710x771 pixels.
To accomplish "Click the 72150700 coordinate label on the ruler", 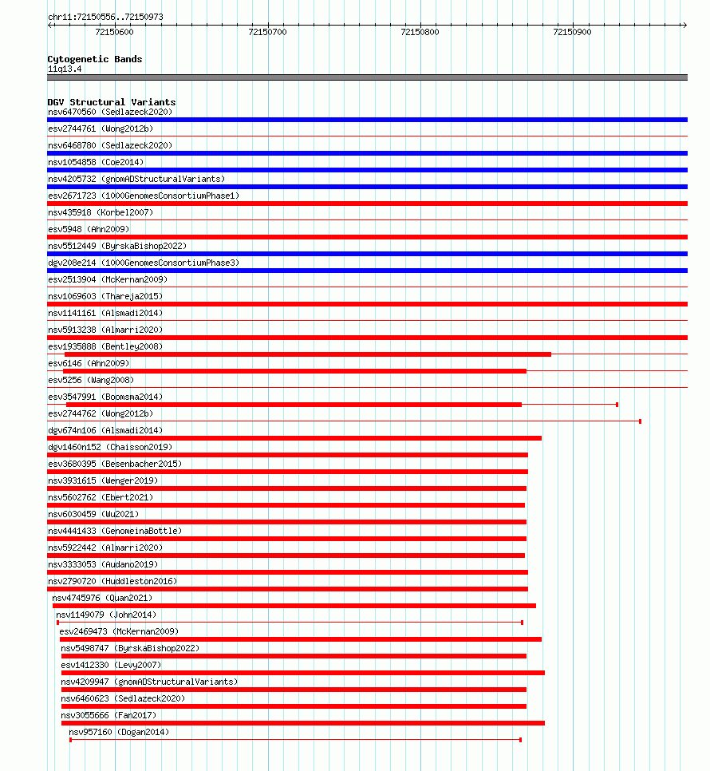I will coord(267,32).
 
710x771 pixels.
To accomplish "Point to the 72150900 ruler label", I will coord(572,32).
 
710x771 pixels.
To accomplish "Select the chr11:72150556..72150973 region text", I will coord(105,17).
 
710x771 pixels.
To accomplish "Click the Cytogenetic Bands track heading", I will coord(94,59).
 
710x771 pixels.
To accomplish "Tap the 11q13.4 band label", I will coord(65,69).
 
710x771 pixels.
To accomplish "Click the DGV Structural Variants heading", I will coord(111,102).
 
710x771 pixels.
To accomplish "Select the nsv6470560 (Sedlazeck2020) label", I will coord(109,112).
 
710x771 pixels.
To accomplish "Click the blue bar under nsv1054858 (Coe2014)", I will coord(367,170).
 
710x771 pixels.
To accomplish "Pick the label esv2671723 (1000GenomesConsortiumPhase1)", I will coord(144,196).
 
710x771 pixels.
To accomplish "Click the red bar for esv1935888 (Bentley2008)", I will coord(307,354).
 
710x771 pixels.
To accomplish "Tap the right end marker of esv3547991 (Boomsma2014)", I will coord(617,405).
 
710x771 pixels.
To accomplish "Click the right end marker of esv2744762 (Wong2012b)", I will coord(640,421).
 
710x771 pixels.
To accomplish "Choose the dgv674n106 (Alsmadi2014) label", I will coord(105,430).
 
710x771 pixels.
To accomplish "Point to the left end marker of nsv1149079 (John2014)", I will coord(57,623).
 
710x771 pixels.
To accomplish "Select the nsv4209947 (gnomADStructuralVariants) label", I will coord(149,682).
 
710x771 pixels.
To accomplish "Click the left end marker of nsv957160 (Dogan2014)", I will coord(70,740).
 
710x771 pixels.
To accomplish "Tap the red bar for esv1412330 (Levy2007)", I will coord(302,673).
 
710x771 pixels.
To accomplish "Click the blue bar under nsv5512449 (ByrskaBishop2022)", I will coord(367,254).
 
